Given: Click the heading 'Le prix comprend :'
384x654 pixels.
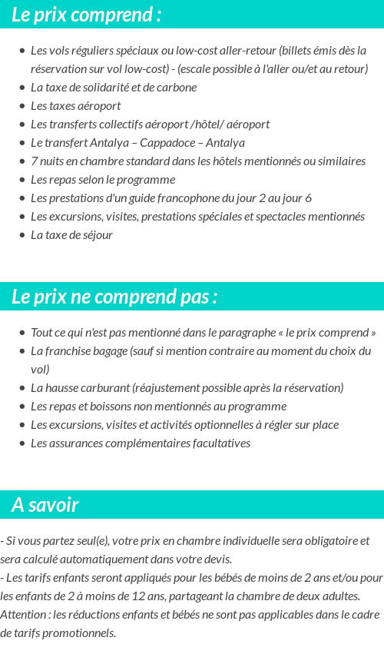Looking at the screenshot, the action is (x=87, y=15).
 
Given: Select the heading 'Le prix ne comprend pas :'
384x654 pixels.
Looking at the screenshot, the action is (x=114, y=297).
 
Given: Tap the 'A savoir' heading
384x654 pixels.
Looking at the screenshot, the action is (x=45, y=505).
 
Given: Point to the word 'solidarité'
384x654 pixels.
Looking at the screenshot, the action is (x=102, y=88).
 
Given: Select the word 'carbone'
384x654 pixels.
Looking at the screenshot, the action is (x=177, y=88).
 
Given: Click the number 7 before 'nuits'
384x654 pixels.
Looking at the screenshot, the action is (x=34, y=161).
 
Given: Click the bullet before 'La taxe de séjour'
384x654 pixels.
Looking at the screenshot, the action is (x=22, y=236).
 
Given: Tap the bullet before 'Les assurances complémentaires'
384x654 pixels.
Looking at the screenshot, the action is (x=22, y=444).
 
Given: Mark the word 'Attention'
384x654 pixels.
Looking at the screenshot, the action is (x=23, y=615).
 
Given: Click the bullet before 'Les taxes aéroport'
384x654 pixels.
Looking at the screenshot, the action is (x=22, y=107).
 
